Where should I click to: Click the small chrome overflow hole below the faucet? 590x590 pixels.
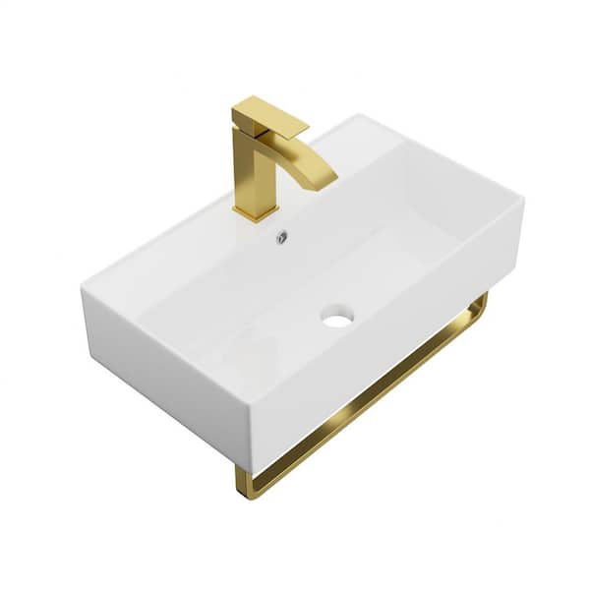(281, 236)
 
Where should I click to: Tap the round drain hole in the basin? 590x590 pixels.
(336, 317)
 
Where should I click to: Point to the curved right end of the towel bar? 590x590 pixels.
(479, 306)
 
